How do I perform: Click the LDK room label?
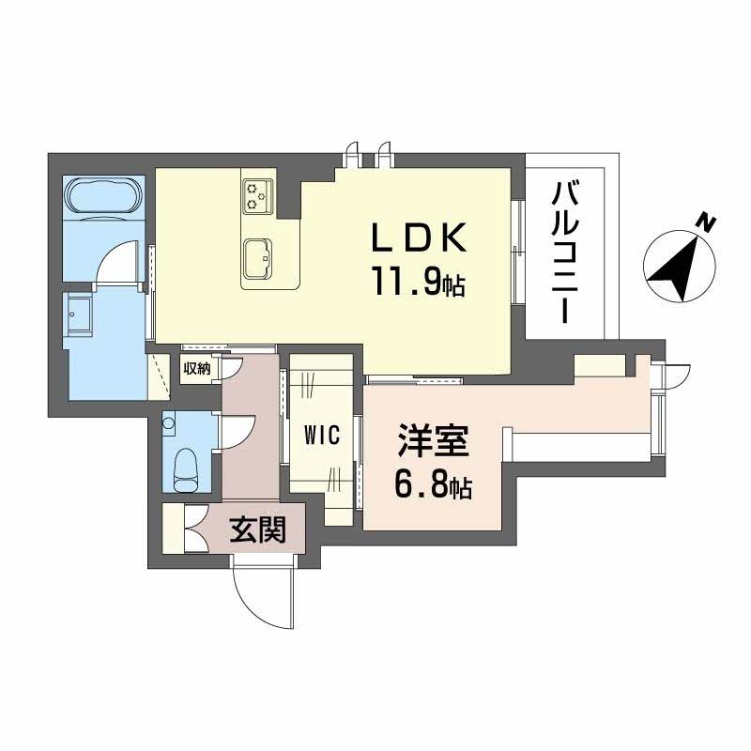click(x=420, y=238)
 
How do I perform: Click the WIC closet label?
click(x=322, y=436)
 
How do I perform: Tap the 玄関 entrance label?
click(x=257, y=529)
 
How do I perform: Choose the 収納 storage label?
click(x=197, y=368)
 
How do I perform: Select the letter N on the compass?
click(x=706, y=222)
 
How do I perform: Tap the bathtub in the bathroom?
click(x=104, y=197)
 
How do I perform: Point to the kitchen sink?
click(x=258, y=259)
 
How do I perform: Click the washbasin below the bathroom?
click(x=78, y=315)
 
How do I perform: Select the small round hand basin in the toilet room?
click(x=169, y=423)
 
